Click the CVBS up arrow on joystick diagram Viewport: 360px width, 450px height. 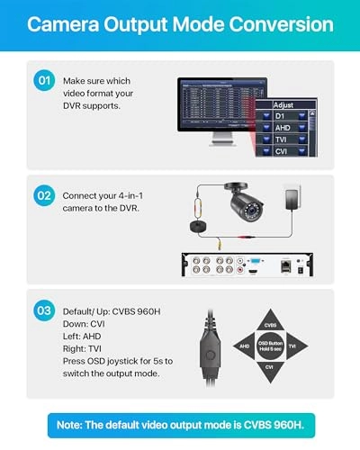click(x=269, y=325)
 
